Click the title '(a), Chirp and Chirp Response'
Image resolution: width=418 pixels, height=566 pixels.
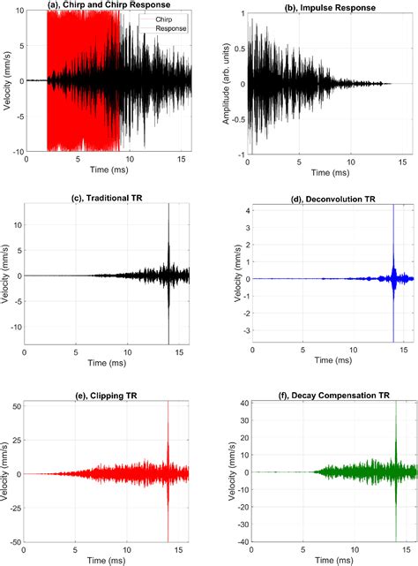[110, 6]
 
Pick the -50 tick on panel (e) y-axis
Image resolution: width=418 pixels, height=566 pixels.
[15, 540]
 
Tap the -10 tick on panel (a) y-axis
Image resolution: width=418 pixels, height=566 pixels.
[15, 152]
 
